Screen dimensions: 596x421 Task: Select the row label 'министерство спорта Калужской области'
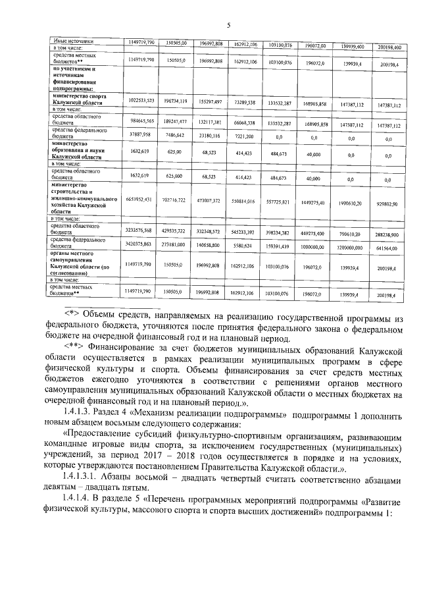(79, 99)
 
